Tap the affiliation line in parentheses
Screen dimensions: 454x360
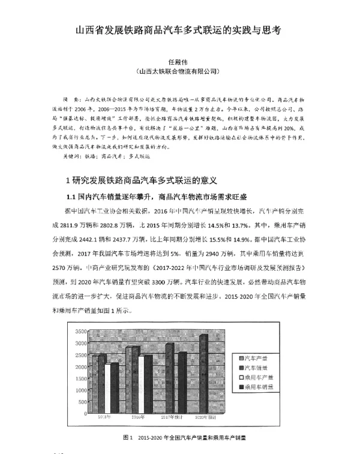[x=179, y=71]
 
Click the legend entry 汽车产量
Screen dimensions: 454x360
[x=260, y=357]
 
